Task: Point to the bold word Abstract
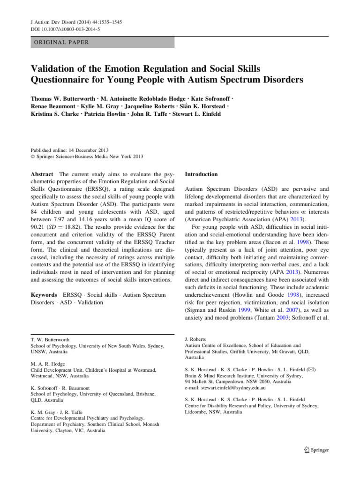click(x=42, y=174)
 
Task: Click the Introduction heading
click(x=202, y=174)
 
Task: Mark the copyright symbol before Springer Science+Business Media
click(x=32, y=157)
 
